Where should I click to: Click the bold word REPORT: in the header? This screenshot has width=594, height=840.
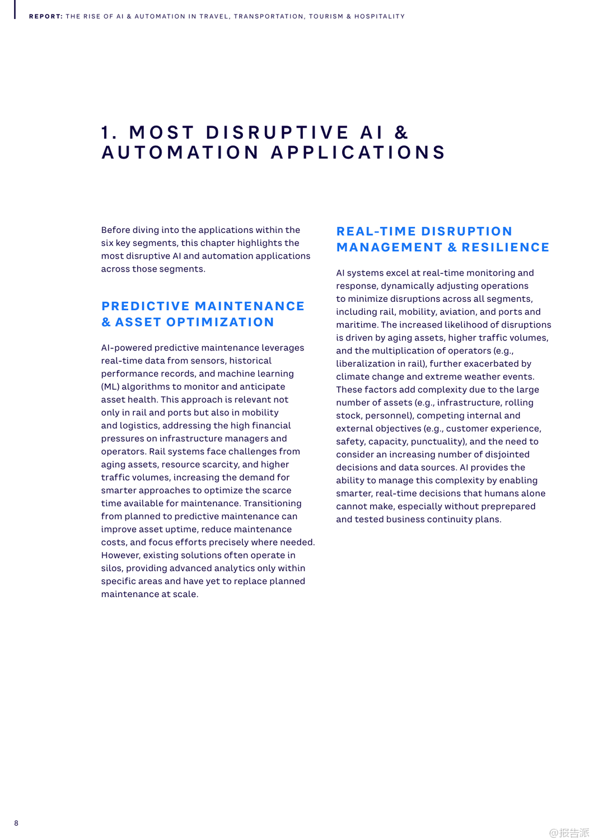[45, 17]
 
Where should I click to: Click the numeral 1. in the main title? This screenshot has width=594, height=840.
[109, 133]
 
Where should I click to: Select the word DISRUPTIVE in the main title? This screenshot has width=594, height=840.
[278, 133]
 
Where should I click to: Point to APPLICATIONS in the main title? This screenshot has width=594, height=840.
[358, 152]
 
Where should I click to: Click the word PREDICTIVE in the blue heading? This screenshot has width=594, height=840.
[146, 306]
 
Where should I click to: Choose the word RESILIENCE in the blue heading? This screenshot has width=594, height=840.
[505, 248]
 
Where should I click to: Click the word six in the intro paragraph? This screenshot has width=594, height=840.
[107, 243]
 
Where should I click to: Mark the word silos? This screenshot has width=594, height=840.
[111, 568]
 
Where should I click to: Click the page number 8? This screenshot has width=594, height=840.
[16, 823]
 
